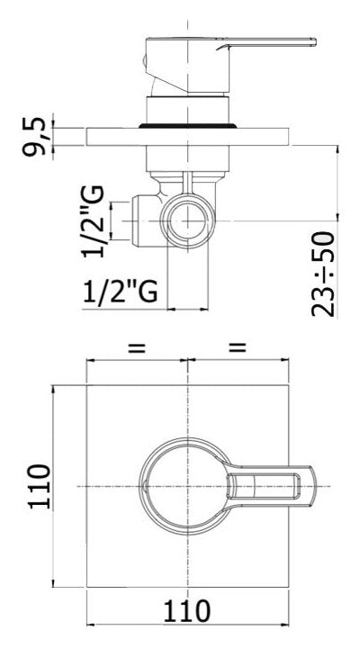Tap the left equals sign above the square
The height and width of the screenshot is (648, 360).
pos(136,346)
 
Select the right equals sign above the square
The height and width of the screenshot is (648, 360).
pos(238,346)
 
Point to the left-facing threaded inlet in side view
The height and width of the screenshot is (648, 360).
pos(135,216)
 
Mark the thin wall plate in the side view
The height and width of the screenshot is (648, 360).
pos(188,136)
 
